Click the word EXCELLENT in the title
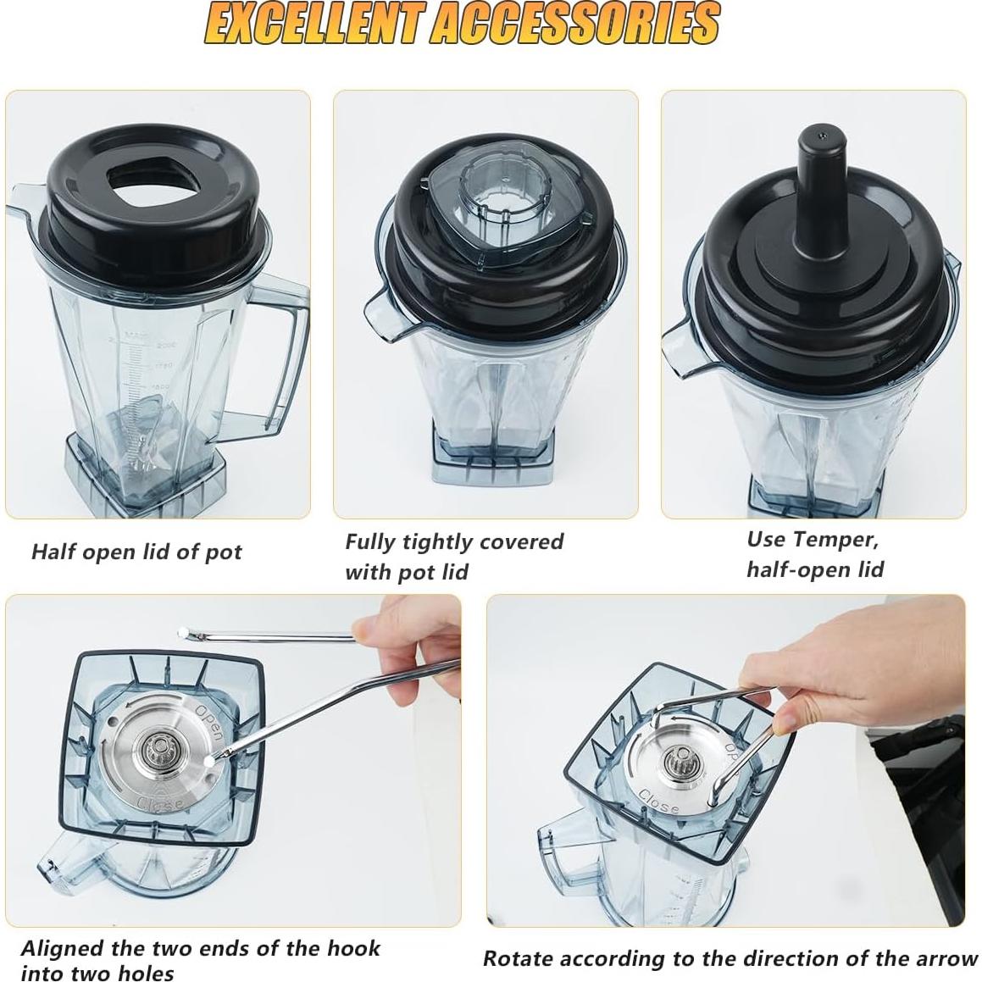click(313, 24)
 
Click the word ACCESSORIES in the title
click(574, 24)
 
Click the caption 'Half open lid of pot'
click(136, 552)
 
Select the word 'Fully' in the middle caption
click(370, 541)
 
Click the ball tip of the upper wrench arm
click(182, 630)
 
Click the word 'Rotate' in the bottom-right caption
click(518, 958)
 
